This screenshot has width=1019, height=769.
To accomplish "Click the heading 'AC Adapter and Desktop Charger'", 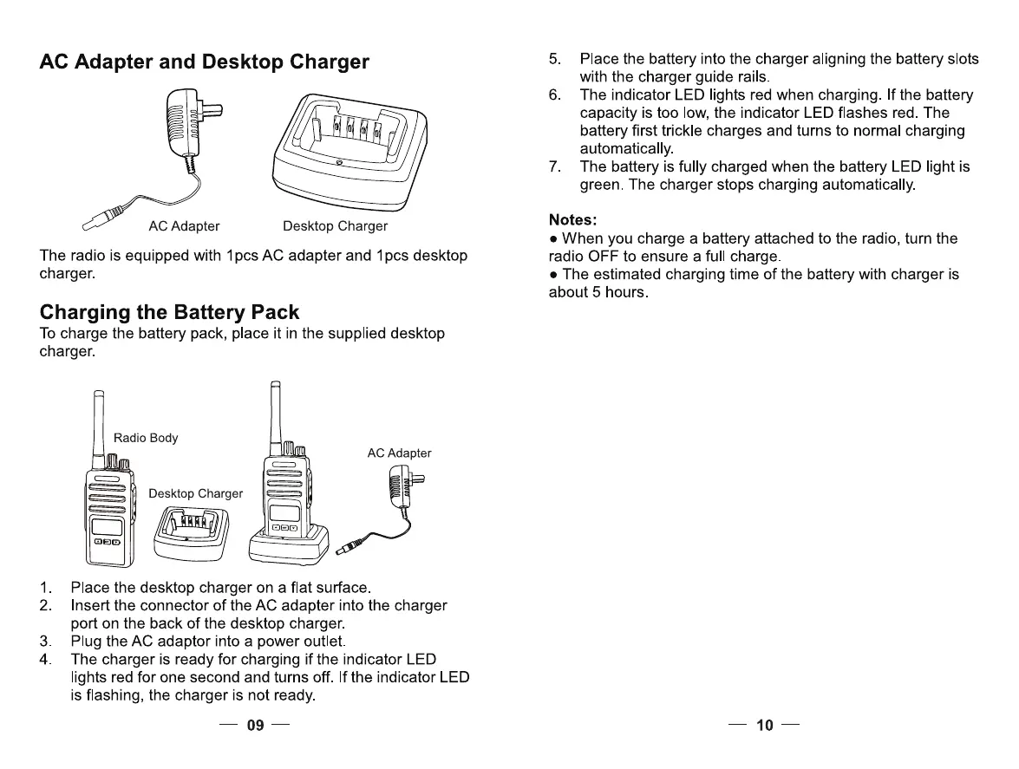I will (205, 62).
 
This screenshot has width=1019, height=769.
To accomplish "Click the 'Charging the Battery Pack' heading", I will (170, 312).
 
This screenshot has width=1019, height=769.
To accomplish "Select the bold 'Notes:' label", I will (573, 219).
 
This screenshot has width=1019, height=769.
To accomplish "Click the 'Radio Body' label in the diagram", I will (146, 438).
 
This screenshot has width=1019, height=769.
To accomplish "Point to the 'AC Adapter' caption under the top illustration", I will (184, 226).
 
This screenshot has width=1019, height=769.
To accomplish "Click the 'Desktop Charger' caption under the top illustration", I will (335, 226).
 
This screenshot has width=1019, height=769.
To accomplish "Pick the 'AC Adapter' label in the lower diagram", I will (399, 453).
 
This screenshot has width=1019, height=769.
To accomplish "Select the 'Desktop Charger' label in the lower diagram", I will (196, 493).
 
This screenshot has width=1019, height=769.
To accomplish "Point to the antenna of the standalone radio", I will (98, 425).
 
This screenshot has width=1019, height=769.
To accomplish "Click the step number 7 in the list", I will (555, 166).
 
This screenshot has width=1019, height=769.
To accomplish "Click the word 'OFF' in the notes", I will (603, 257).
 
